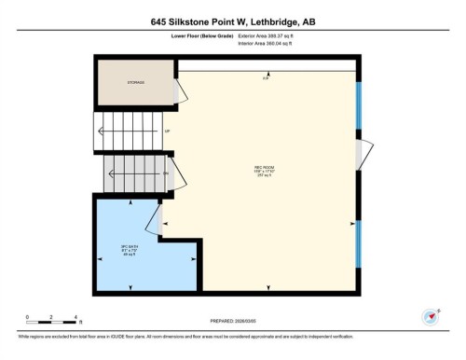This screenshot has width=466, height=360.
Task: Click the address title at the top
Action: (x=233, y=20)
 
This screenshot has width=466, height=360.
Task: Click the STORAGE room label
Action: (x=136, y=83)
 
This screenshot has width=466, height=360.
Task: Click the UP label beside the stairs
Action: (x=167, y=132)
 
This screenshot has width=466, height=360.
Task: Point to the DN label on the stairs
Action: (x=166, y=174)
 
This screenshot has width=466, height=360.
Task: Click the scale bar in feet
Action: (x=52, y=322)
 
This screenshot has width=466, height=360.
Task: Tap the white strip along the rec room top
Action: (x=266, y=64)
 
